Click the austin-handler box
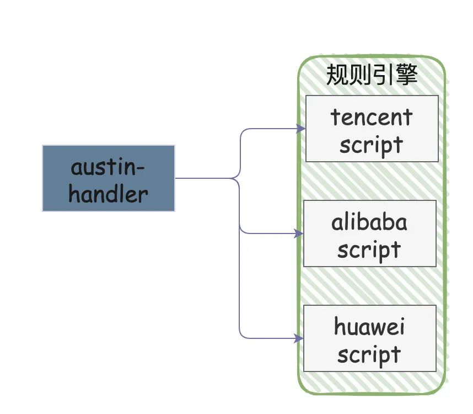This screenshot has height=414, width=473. point(109,178)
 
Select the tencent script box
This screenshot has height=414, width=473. point(372,129)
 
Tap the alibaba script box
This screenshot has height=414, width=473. point(369,233)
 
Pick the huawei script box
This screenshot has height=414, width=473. point(369,338)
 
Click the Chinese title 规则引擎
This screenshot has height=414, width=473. point(372,75)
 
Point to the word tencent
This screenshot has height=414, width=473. point(372,117)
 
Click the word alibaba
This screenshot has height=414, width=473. point(369,222)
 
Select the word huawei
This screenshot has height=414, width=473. point(369,327)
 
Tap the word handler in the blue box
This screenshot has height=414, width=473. point(109,194)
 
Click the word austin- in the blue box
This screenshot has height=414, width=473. point(109,167)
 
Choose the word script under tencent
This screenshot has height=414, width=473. point(372,145)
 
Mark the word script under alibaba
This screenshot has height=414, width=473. point(369,250)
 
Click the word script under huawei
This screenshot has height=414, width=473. point(369,354)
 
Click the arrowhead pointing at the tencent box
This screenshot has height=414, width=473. point(301,129)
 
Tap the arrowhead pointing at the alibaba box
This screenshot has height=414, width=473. point(299,233)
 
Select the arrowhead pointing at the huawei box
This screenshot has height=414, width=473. point(299,338)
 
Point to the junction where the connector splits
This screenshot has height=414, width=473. point(239,178)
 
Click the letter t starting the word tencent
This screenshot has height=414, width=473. point(335,117)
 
